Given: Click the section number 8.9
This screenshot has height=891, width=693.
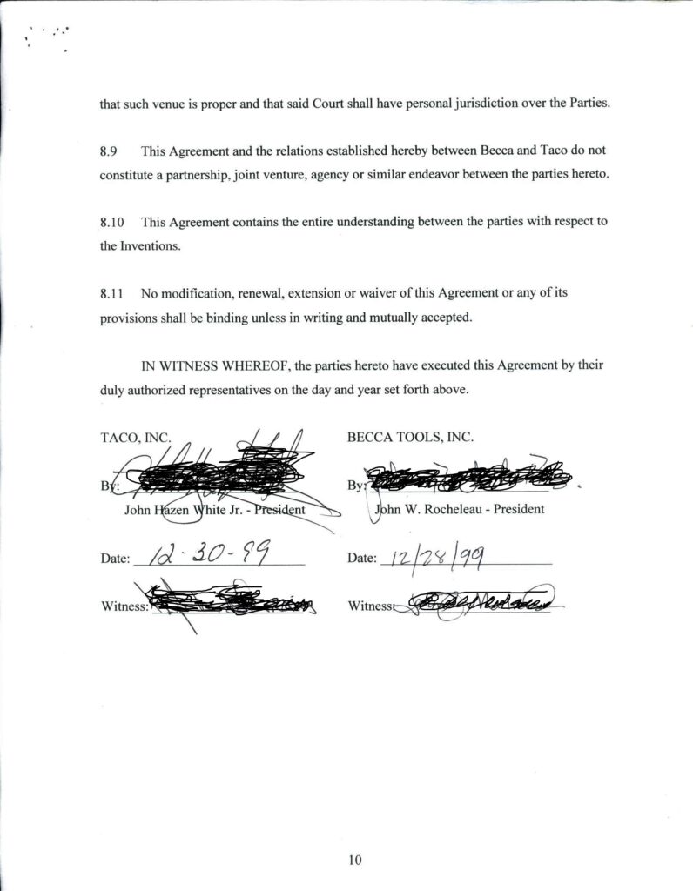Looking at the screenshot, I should (x=109, y=151).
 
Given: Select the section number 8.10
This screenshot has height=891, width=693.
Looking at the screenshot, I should (x=112, y=222).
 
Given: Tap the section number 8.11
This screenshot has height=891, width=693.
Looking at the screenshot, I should (x=112, y=293).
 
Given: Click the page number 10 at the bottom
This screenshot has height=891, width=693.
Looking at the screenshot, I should (x=353, y=861).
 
